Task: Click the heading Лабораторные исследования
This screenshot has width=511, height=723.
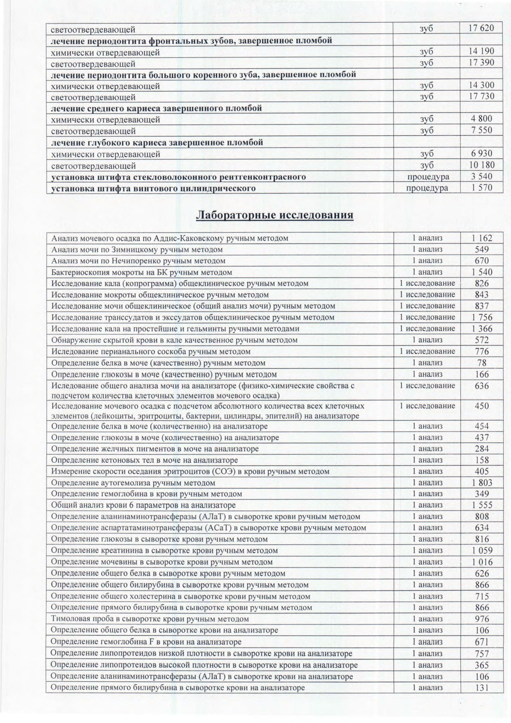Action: point(274,215)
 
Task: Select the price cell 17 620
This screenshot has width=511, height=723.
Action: point(481,28)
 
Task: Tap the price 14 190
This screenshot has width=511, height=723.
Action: point(481,52)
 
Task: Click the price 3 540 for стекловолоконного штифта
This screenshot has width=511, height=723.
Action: point(481,177)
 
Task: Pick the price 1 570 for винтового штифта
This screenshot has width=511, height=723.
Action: point(481,188)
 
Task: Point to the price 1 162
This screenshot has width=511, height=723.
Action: point(482,238)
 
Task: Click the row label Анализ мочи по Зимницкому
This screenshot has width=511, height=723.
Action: point(137,250)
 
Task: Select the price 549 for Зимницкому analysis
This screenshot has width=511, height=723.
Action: point(482,250)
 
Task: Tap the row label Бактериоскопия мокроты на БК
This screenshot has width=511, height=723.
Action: point(141,272)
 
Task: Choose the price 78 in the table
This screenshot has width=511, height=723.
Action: point(482,363)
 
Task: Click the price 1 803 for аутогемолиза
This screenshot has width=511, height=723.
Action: point(482,483)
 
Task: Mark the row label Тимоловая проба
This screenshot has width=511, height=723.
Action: point(150,619)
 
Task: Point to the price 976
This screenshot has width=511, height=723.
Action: point(482,619)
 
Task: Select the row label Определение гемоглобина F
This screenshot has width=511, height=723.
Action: point(146,642)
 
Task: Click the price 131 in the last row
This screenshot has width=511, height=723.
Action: point(482,688)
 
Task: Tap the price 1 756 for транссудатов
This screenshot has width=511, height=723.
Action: point(482,318)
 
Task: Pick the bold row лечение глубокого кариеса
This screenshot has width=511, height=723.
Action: point(157,143)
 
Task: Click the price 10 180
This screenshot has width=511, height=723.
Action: point(481,165)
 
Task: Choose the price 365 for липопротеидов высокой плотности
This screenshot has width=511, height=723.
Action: point(482,665)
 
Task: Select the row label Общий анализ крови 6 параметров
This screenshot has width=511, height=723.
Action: point(143,505)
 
